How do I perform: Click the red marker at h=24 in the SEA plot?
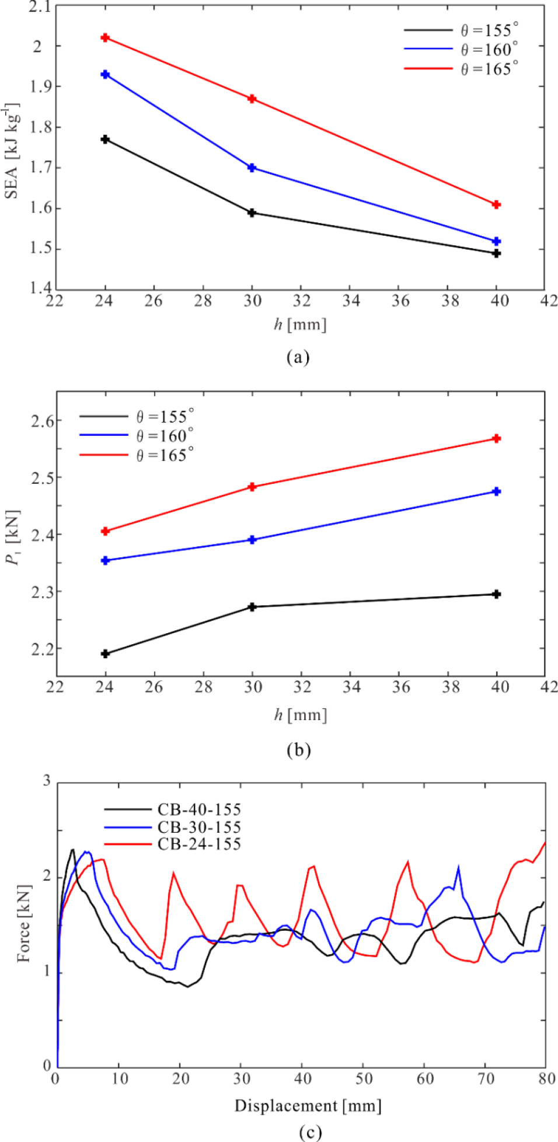pos(105,38)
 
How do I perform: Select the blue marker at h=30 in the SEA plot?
pos(252,168)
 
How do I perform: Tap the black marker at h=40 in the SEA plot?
pos(497,253)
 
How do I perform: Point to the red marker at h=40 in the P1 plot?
pos(497,439)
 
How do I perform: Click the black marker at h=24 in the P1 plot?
pos(105,654)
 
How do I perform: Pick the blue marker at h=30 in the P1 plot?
pos(252,540)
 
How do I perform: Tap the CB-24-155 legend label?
pos(199,844)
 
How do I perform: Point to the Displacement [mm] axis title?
pos(308,1106)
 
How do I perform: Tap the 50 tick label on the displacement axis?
pos(364,1078)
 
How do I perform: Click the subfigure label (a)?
pos(298,357)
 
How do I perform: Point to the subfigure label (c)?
pos(310,1133)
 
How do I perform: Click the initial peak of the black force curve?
pos(73,850)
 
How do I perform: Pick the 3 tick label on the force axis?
pos(47,781)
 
